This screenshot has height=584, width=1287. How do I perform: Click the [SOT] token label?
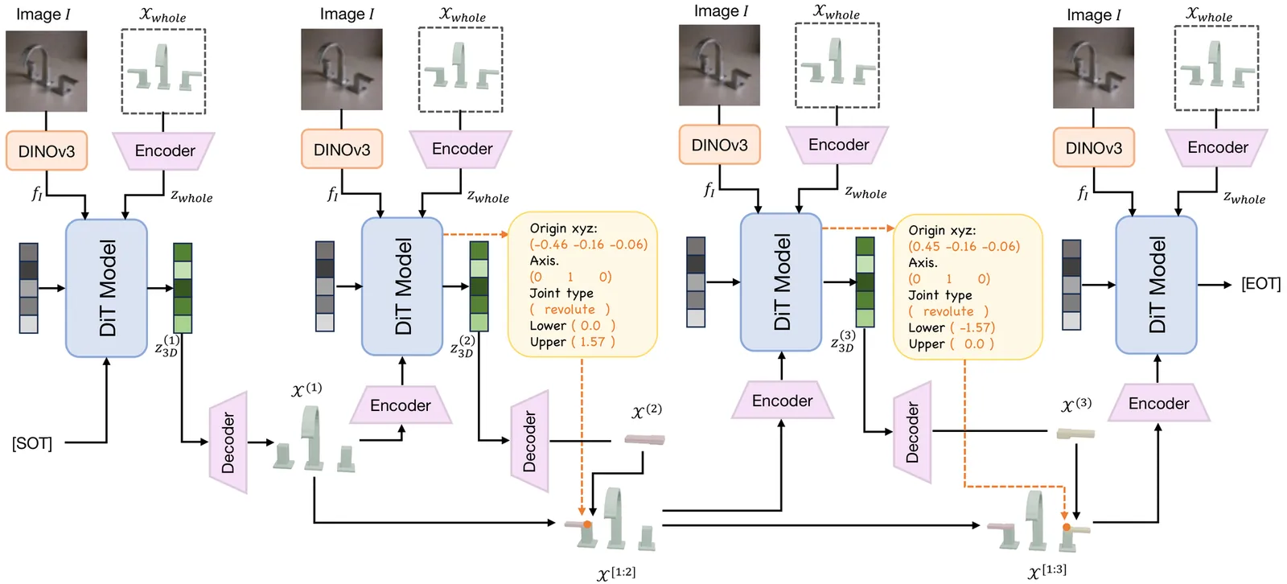pyautogui.click(x=32, y=443)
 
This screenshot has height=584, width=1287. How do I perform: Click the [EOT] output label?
pyautogui.click(x=1260, y=284)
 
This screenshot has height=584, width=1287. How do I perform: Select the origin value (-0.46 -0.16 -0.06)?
pyautogui.click(x=588, y=245)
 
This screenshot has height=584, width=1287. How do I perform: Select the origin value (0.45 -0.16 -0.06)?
pyautogui.click(x=964, y=246)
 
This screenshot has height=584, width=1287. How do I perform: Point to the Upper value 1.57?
pyautogui.click(x=593, y=342)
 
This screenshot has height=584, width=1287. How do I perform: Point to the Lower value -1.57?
pyautogui.click(x=977, y=327)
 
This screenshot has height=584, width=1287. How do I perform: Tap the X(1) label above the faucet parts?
pyautogui.click(x=306, y=390)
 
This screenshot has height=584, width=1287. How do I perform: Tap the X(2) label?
pyautogui.click(x=647, y=411)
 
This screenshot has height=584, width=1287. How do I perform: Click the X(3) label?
pyautogui.click(x=1076, y=405)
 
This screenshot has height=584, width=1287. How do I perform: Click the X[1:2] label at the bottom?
pyautogui.click(x=616, y=574)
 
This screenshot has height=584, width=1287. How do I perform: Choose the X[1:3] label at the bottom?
pyautogui.click(x=1047, y=572)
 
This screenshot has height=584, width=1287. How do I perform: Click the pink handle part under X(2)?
pyautogui.click(x=644, y=439)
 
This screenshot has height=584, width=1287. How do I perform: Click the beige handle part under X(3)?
pyautogui.click(x=1075, y=434)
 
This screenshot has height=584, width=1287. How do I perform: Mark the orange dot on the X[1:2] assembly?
pyautogui.click(x=587, y=524)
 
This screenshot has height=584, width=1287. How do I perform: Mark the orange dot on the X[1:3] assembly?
pyautogui.click(x=1067, y=528)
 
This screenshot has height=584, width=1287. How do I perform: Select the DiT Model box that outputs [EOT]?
pyautogui.click(x=1156, y=285)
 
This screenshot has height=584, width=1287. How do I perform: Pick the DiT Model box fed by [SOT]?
pyautogui.click(x=106, y=287)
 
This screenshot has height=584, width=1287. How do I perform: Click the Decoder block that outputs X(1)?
pyautogui.click(x=228, y=442)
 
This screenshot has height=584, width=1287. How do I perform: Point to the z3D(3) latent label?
pyautogui.click(x=842, y=342)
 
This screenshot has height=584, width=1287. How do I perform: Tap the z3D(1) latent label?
pyautogui.click(x=167, y=347)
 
